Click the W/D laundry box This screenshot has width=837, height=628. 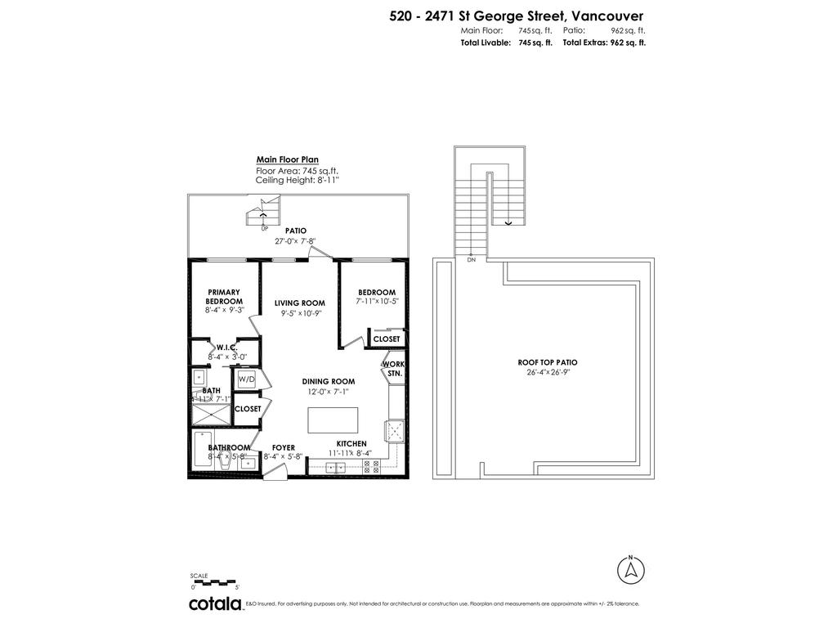click(x=247, y=379)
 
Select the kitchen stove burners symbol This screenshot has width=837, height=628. click(x=370, y=467)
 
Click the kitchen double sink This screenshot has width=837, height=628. click(x=335, y=468)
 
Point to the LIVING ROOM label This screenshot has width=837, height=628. click(x=300, y=303)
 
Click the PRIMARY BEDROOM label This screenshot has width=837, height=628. click(x=223, y=297)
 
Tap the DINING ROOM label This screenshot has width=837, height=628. click(x=328, y=381)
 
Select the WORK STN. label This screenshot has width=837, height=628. click(x=393, y=368)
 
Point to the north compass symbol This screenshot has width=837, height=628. click(x=630, y=569)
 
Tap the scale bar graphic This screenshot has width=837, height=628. click(x=214, y=581)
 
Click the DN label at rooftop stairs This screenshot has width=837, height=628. click(x=471, y=260)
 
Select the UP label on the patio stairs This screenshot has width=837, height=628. click(x=264, y=228)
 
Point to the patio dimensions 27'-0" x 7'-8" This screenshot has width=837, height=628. click(x=295, y=241)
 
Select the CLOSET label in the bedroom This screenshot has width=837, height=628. click(x=387, y=339)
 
